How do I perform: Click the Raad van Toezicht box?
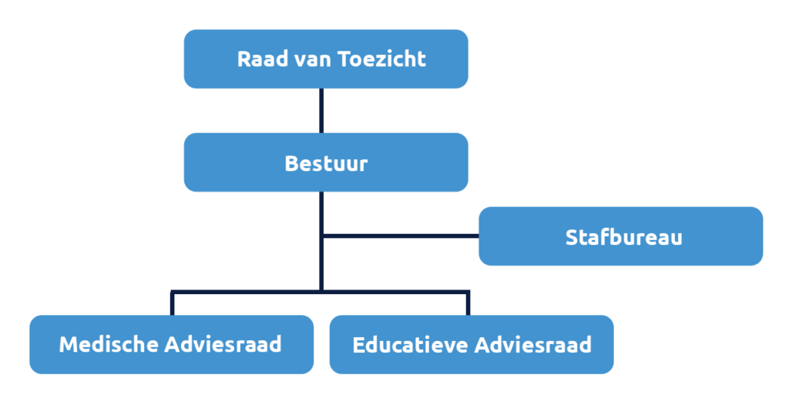(326, 59)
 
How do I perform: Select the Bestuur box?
(326, 162)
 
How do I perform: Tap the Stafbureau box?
(621, 236)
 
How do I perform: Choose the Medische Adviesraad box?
(171, 344)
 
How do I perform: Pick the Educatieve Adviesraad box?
(472, 344)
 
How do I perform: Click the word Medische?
(109, 344)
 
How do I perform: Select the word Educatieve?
(410, 344)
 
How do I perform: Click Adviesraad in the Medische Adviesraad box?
(223, 344)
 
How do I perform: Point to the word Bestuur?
(326, 163)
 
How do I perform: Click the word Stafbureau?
(623, 237)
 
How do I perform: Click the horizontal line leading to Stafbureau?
(401, 235)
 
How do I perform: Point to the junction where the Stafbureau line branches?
(322, 235)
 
